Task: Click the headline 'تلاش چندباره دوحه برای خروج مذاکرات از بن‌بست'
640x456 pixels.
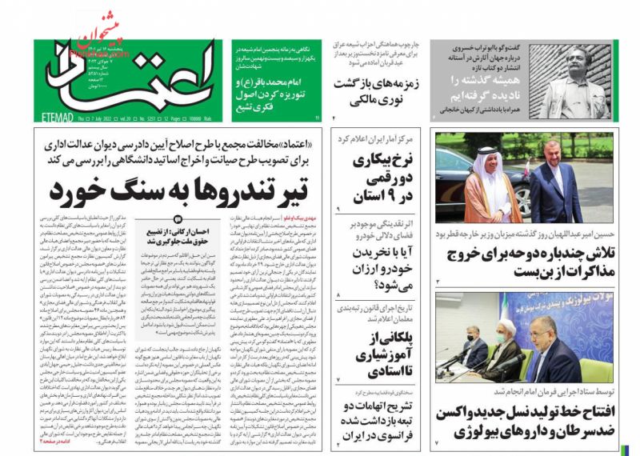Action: point(526,262)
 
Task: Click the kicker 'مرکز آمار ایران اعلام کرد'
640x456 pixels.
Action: point(384,138)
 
